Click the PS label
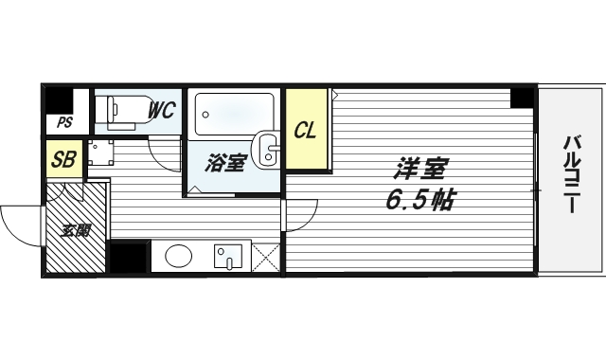click(64, 122)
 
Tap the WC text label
click(161, 110)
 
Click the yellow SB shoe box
click(64, 158)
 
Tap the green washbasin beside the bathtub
click(268, 152)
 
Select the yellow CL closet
click(306, 130)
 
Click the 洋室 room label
click(420, 169)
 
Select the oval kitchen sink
click(180, 256)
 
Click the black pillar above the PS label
click(60, 99)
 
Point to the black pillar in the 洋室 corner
click(522, 97)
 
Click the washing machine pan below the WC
click(99, 153)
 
